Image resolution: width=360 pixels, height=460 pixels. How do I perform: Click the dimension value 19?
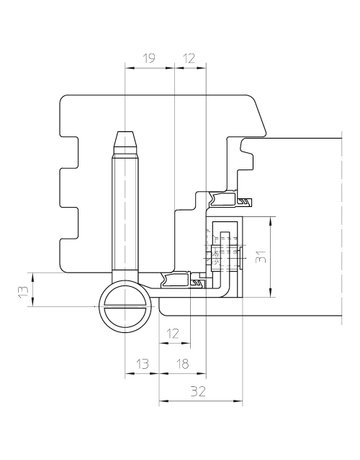[x=148, y=60]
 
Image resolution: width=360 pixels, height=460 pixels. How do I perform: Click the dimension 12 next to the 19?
[x=191, y=60]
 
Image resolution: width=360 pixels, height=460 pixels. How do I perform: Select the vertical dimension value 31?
[x=261, y=257]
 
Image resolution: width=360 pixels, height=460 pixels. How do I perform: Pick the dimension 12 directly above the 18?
[x=173, y=332]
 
